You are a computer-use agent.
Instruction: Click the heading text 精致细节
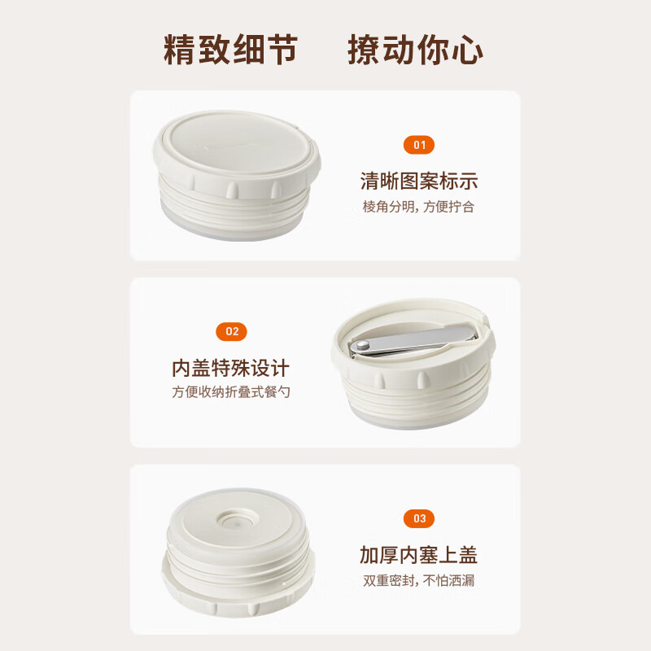pyautogui.click(x=230, y=50)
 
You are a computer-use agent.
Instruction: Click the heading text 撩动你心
pyautogui.click(x=415, y=50)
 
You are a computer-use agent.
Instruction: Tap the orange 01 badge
pyautogui.click(x=419, y=146)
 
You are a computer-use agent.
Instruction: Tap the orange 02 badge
pyautogui.click(x=232, y=331)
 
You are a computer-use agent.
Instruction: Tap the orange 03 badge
pyautogui.click(x=419, y=518)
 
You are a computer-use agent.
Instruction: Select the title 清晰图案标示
pyautogui.click(x=418, y=181)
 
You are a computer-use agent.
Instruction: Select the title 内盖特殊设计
pyautogui.click(x=231, y=368)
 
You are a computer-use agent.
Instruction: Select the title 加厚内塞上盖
pyautogui.click(x=418, y=555)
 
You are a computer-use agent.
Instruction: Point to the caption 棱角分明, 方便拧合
pyautogui.click(x=418, y=207)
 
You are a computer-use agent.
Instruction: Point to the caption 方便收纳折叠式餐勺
pyautogui.click(x=231, y=392)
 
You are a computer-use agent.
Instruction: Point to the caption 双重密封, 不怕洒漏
pyautogui.click(x=418, y=580)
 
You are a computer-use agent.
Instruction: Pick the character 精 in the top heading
pyautogui.click(x=181, y=50)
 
